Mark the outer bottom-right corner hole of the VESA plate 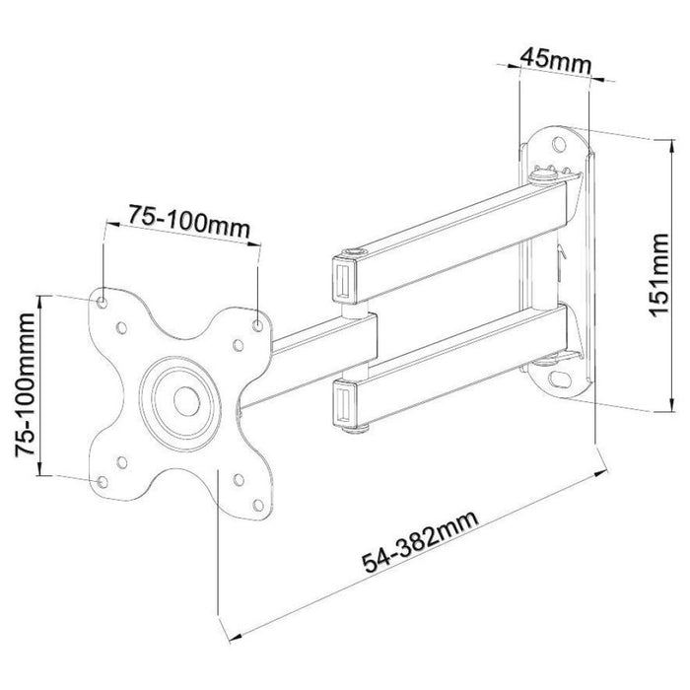258,501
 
